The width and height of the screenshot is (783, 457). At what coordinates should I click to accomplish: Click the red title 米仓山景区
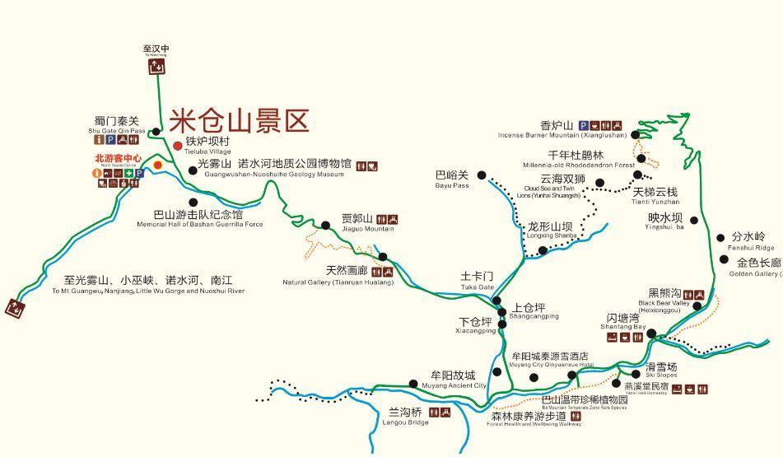(x=240, y=121)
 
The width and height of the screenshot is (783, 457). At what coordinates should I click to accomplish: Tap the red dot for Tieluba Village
(x=177, y=145)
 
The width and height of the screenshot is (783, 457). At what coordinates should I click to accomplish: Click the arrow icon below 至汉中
(x=156, y=67)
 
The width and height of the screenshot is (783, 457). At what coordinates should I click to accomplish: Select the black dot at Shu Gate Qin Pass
(x=156, y=131)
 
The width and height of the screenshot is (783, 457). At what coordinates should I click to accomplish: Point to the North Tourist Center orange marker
(x=157, y=165)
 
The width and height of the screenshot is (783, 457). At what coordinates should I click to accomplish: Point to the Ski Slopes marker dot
(x=636, y=374)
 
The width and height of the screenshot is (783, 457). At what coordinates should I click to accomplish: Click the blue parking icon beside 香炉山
(x=583, y=125)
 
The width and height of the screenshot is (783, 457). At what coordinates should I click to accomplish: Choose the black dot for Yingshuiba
(x=694, y=220)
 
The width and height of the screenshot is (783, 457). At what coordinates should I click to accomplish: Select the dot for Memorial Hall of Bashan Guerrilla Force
(x=193, y=202)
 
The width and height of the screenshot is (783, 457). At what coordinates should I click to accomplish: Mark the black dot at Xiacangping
(x=502, y=324)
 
